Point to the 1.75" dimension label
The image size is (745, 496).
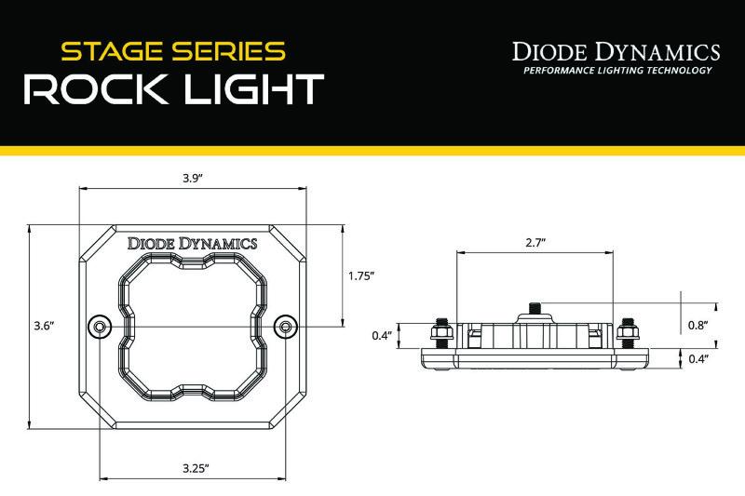tap(360, 275)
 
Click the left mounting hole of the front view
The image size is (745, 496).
tap(98, 326)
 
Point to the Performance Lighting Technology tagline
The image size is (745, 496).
tap(617, 71)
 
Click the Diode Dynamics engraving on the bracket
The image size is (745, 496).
tap(192, 243)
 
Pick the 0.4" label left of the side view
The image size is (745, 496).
tap(379, 335)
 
